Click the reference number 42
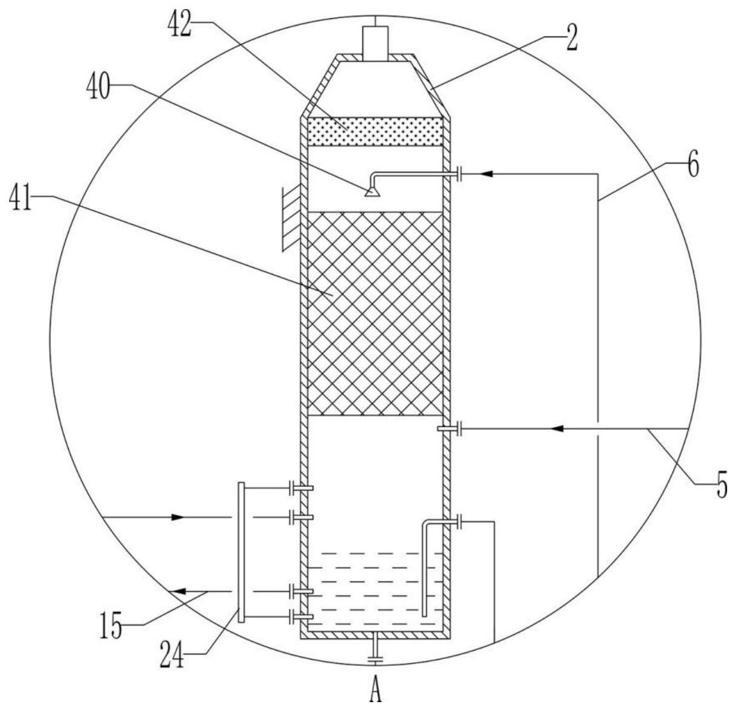click(179, 24)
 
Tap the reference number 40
click(98, 85)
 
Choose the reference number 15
click(110, 626)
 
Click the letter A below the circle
click(375, 694)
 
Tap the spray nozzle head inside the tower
click(371, 192)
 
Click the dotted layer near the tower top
click(375, 132)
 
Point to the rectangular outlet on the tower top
click(375, 43)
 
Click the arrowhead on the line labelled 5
click(558, 429)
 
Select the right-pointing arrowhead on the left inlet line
click(177, 517)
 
